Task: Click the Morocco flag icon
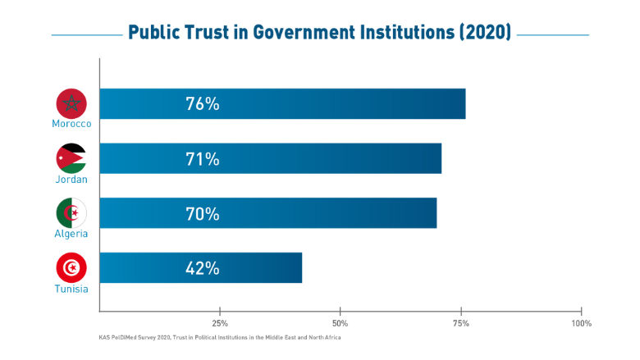point(71,104)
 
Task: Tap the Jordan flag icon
point(71,158)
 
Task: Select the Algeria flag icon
point(71,213)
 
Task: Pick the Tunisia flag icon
point(71,268)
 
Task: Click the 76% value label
point(203,104)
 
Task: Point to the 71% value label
point(203,159)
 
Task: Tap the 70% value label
point(203,214)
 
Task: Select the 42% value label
point(203,268)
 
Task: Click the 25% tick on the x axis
point(220,323)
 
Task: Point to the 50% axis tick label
point(341,323)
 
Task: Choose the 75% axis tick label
point(461,323)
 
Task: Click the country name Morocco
point(71,124)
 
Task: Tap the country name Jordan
point(71,179)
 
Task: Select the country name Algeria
point(71,234)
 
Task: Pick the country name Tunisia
point(71,288)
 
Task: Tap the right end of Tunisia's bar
point(300,268)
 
